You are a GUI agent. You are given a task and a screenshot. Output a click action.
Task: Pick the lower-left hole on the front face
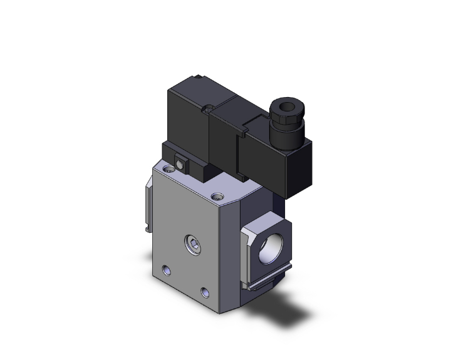coord(167,270)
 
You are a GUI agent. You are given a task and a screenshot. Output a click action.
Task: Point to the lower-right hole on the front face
coord(205,292)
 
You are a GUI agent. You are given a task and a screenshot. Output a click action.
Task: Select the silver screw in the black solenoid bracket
coord(181,164)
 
